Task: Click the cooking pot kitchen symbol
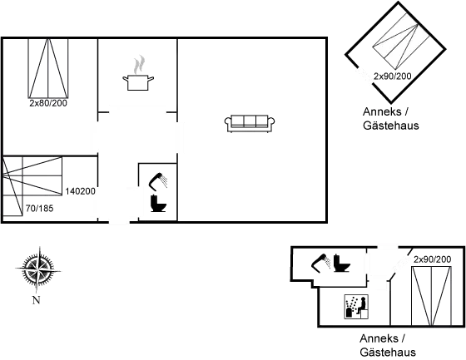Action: (138, 82)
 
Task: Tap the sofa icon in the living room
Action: (250, 123)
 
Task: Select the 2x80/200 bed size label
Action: (48, 103)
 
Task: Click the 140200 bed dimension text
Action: (80, 191)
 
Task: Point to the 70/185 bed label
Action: (40, 209)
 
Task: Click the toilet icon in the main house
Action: (158, 203)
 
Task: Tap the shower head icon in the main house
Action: (158, 180)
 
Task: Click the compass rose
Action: (38, 269)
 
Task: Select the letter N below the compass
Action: (36, 300)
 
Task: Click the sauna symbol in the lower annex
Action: (356, 307)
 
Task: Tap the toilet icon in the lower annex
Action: (341, 263)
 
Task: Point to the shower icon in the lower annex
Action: (320, 263)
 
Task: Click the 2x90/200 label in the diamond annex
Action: (392, 76)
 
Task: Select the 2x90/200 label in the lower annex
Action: (433, 259)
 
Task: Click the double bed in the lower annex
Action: (431, 296)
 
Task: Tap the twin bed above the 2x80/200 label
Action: (48, 68)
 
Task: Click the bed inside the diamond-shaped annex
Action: (401, 41)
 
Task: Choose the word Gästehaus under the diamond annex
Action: (391, 126)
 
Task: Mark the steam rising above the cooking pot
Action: (139, 65)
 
